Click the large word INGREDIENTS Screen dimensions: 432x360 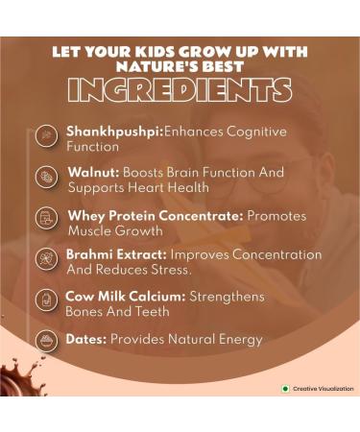click(x=180, y=89)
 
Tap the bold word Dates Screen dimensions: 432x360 click(x=85, y=339)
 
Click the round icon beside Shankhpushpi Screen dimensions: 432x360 click(x=45, y=136)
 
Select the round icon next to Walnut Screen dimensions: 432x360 click(x=45, y=179)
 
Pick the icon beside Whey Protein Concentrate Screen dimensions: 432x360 click(x=45, y=220)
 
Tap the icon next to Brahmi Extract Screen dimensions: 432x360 click(x=45, y=261)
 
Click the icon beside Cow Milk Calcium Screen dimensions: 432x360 click(x=45, y=302)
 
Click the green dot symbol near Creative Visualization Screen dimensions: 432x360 click(x=284, y=389)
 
